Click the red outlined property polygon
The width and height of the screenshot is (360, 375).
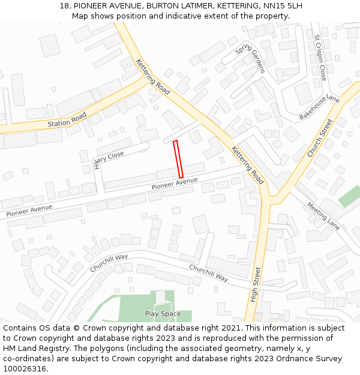pos(178,159)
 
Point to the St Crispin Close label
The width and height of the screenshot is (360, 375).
pos(320,58)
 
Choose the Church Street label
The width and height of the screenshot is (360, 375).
pos(319,138)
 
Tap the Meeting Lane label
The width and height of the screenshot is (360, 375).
pos(323,216)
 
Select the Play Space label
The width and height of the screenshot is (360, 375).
pos(163,314)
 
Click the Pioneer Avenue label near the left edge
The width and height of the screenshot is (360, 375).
pos(29,210)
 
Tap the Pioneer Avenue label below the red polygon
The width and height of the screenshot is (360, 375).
pos(175,184)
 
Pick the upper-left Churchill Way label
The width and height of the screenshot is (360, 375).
pos(109,263)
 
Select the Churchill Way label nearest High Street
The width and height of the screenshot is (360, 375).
pos(209,273)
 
